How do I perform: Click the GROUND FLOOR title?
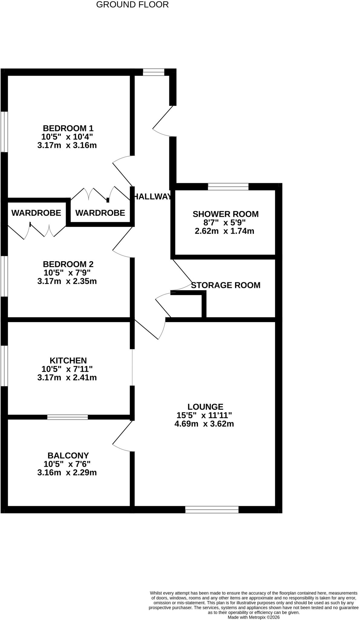(x=132, y=5)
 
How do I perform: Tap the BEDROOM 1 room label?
(x=68, y=128)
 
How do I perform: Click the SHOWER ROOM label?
(x=225, y=214)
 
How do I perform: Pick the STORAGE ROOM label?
(x=226, y=285)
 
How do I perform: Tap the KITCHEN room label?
(x=68, y=361)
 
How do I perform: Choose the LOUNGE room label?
(x=205, y=407)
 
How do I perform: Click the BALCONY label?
(x=68, y=455)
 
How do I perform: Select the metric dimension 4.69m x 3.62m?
(x=204, y=424)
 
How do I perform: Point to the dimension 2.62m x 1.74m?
(x=224, y=231)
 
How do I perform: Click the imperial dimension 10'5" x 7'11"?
(x=67, y=369)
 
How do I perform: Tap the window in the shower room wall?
(x=228, y=186)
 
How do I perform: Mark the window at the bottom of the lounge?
(x=212, y=510)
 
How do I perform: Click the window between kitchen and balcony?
(x=67, y=417)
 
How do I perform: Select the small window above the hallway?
(x=153, y=72)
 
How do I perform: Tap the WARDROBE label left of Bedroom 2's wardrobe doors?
(x=36, y=213)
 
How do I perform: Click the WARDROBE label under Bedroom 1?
(x=100, y=213)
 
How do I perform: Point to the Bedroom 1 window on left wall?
(x=4, y=132)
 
